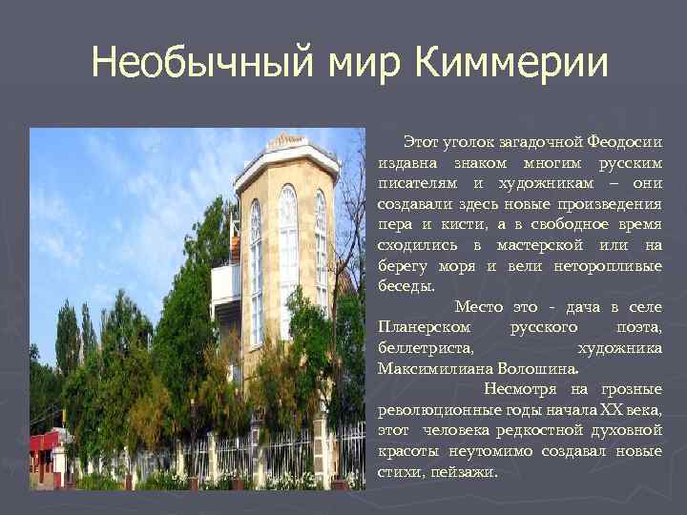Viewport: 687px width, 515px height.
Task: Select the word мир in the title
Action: coord(354,64)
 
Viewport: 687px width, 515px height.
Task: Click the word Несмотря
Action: coord(521,388)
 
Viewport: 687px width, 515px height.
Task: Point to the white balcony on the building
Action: coord(225,282)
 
